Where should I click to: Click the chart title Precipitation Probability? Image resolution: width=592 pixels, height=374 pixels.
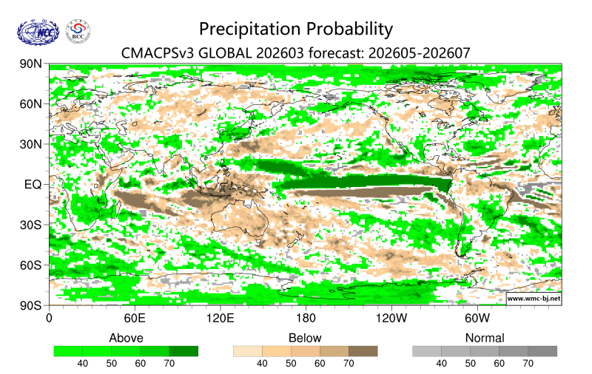click(296, 29)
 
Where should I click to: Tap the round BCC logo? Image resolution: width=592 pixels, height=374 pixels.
click(78, 32)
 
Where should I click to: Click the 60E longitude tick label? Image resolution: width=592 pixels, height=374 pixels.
click(134, 319)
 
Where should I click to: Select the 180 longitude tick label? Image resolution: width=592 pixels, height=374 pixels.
click(306, 319)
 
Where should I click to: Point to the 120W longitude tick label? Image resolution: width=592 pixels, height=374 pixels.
click(391, 319)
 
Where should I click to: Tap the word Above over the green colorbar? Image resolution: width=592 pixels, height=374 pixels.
click(126, 338)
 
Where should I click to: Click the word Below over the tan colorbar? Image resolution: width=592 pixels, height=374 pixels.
click(305, 338)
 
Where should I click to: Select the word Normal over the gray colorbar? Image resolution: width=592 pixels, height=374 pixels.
click(485, 338)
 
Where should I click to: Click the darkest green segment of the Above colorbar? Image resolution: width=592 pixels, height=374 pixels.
click(184, 351)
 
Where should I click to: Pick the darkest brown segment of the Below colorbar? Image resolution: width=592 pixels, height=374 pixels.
click(363, 351)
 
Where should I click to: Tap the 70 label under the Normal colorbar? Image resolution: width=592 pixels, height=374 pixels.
click(528, 364)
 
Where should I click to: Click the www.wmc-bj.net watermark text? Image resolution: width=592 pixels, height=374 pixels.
click(533, 299)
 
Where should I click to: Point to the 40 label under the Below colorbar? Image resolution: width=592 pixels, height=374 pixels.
click(262, 364)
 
